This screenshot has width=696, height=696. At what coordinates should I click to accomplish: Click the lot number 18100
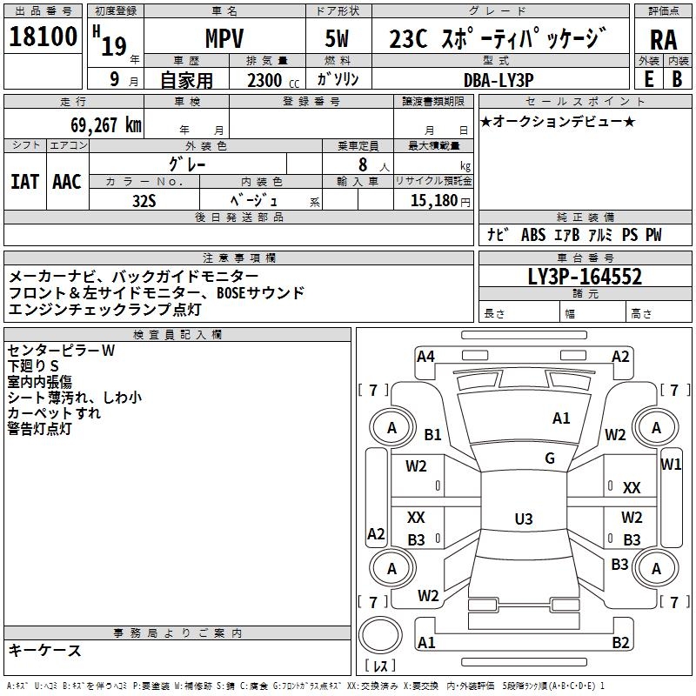(x=43, y=36)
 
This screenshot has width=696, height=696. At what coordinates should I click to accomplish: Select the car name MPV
(x=224, y=38)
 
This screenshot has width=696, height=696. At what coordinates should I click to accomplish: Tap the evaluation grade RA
(x=663, y=40)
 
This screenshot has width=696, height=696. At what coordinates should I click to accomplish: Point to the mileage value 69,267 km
(x=106, y=125)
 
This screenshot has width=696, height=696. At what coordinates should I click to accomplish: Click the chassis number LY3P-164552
(x=585, y=277)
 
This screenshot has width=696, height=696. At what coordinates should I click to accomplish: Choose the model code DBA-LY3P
(x=499, y=80)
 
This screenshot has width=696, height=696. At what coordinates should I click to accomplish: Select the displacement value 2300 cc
(x=273, y=80)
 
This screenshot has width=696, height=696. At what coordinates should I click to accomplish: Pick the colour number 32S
(x=144, y=201)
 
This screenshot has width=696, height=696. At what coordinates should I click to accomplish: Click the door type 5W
(x=337, y=38)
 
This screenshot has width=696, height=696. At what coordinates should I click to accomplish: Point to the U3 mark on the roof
(x=524, y=519)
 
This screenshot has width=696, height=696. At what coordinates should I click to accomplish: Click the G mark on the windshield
(x=550, y=458)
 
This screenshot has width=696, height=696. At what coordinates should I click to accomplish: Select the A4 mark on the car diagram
(x=425, y=357)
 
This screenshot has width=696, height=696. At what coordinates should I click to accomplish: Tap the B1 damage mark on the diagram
(x=432, y=434)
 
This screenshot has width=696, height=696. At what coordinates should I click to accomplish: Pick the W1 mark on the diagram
(x=671, y=465)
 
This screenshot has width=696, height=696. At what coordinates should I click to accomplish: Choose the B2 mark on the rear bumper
(x=620, y=642)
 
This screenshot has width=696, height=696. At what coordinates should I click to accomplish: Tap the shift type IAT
(x=25, y=182)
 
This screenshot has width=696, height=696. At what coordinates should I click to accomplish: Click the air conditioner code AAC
(x=67, y=182)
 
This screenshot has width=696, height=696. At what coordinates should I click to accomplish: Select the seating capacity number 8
(x=363, y=164)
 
